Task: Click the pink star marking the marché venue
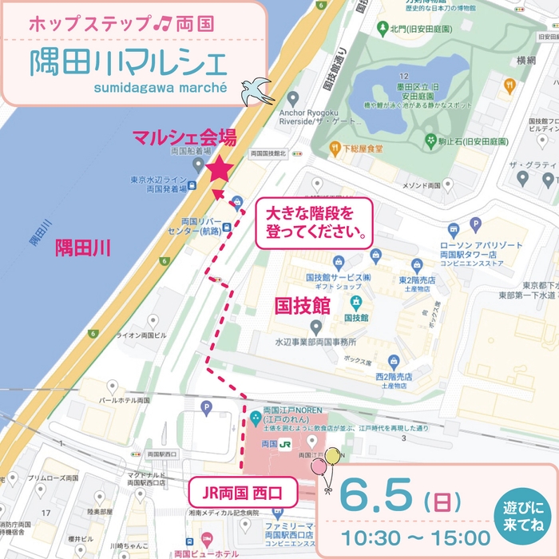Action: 220,168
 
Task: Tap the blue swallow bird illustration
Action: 258,89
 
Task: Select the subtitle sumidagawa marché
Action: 161,87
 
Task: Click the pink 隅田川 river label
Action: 83,248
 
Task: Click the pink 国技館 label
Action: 302,304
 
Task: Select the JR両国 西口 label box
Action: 242,486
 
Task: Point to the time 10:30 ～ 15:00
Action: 417,537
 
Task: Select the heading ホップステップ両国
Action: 121,22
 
